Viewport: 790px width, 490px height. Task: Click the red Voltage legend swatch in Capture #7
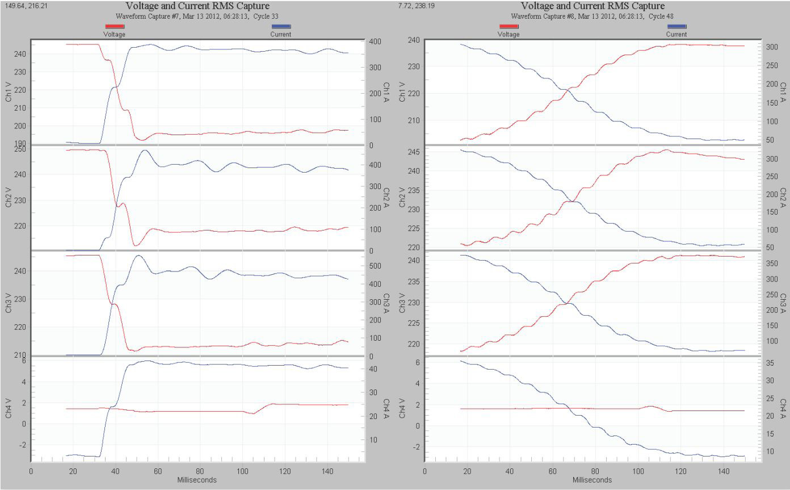pos(114,26)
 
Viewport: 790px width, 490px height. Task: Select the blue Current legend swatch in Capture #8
pos(676,26)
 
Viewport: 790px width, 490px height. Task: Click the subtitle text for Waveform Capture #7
pos(196,16)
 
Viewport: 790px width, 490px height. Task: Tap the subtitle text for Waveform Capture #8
pos(592,16)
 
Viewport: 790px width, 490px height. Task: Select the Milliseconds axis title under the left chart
pos(196,480)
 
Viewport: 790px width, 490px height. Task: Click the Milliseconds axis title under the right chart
pos(592,480)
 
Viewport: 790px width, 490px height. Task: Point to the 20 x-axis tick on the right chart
pos(467,471)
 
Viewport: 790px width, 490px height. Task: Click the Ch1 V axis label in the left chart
pos(9,91)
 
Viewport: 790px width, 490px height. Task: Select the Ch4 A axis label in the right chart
pos(783,408)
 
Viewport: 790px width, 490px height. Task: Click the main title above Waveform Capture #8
pos(592,6)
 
